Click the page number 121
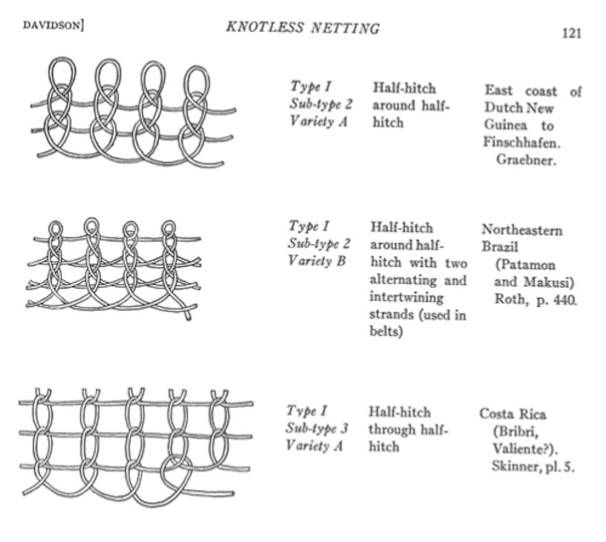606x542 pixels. [x=570, y=33]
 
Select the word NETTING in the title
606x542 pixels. [x=347, y=28]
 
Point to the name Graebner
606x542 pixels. [x=526, y=159]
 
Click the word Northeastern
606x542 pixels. [x=522, y=230]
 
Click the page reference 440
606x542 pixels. [x=563, y=299]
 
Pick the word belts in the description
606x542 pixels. [x=385, y=332]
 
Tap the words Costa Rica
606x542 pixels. [x=512, y=414]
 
